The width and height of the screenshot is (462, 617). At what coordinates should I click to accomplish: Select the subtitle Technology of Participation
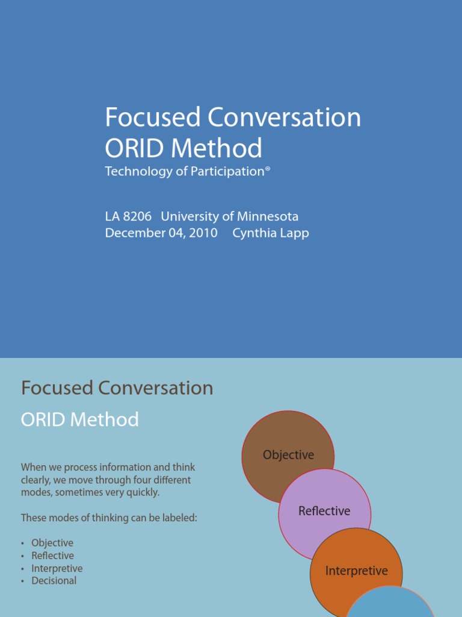coord(185,172)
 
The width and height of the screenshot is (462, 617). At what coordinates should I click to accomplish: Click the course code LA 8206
coord(128,216)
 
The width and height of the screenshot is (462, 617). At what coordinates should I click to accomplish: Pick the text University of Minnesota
coord(229,216)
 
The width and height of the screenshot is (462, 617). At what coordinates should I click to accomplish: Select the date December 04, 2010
coord(161,233)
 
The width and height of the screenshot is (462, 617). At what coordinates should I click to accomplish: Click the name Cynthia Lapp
coord(271,233)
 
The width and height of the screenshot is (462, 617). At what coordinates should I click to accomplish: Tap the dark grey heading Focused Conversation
coord(117,388)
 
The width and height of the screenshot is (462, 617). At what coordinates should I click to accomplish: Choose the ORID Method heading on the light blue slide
coord(79,419)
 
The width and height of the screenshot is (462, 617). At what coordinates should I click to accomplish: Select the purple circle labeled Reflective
coord(325,511)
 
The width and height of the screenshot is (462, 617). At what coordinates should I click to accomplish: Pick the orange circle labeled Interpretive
coord(356,571)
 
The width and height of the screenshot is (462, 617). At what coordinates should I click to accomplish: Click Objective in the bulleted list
coord(52,543)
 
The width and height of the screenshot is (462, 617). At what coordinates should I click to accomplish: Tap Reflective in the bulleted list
coord(53,556)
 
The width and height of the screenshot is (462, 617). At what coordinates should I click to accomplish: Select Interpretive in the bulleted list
coord(57,568)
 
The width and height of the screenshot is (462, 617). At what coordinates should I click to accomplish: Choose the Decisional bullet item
coord(54,581)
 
